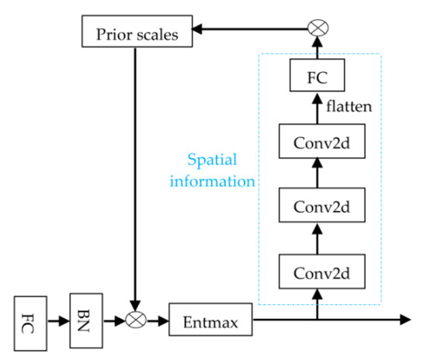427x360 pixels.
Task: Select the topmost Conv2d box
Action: pyautogui.click(x=318, y=141)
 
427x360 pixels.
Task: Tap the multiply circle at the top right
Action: pyautogui.click(x=318, y=29)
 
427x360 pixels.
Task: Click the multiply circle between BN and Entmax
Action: pyautogui.click(x=137, y=319)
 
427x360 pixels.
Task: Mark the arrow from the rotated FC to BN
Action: pyautogui.click(x=60, y=319)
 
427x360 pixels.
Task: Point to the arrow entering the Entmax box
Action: pyautogui.click(x=158, y=319)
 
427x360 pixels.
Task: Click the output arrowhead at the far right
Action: pyautogui.click(x=405, y=319)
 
